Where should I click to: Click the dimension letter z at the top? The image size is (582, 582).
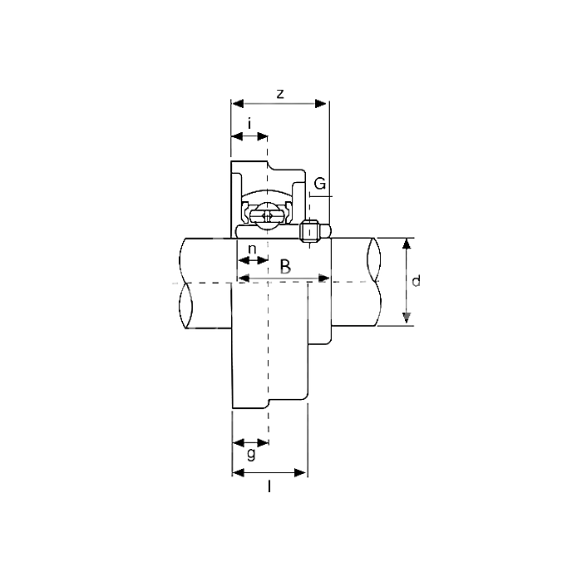click(280, 94)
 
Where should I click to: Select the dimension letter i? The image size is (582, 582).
click(249, 124)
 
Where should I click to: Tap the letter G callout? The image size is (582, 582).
click(320, 184)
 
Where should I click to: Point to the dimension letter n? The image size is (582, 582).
click(252, 249)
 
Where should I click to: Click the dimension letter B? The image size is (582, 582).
click(285, 267)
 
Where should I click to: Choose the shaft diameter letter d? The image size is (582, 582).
click(416, 281)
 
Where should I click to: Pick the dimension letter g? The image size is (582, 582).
click(251, 454)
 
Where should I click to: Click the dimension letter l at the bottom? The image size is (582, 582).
click(269, 486)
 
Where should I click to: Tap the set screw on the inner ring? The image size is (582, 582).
click(309, 231)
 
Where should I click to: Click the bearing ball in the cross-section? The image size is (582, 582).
click(267, 216)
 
